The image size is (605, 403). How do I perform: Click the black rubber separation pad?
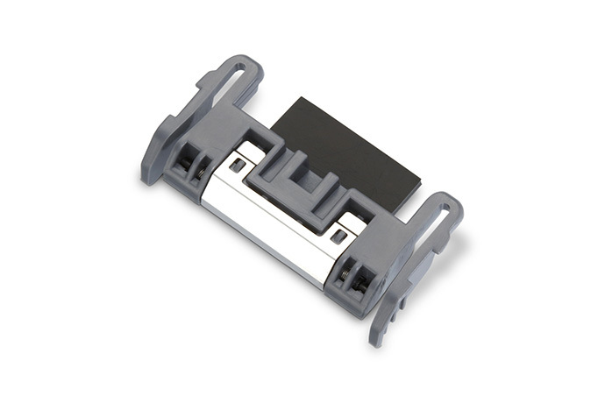point(351,145)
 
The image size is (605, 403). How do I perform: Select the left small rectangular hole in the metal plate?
point(236,165)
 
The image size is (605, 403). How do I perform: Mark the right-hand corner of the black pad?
point(418,185)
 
